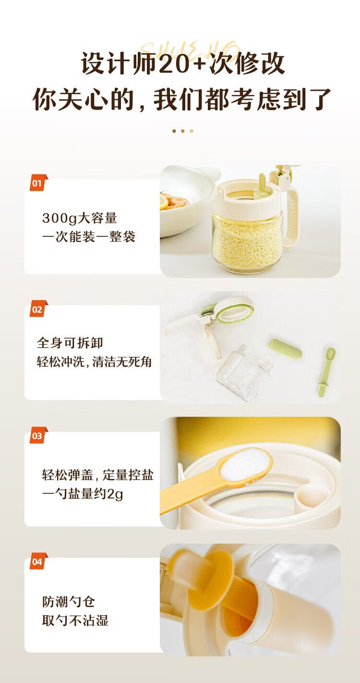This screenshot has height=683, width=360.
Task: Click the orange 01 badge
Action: (x=38, y=183)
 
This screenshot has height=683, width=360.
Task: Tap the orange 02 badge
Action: (x=38, y=309)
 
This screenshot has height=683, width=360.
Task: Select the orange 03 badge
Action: (x=38, y=436)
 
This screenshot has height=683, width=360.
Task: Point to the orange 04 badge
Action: (x=38, y=561)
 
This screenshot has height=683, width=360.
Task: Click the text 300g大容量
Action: (x=80, y=219)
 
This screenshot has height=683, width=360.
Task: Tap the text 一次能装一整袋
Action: (x=88, y=237)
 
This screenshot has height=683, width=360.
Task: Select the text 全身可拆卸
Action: (x=70, y=343)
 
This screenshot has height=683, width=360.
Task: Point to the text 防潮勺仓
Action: (x=69, y=601)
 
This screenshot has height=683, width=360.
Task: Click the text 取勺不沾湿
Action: (x=75, y=620)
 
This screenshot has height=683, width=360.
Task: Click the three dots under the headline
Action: (x=182, y=131)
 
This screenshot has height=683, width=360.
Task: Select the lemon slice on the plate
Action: (x=165, y=202)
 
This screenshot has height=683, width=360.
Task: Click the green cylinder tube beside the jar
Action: (x=285, y=348)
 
